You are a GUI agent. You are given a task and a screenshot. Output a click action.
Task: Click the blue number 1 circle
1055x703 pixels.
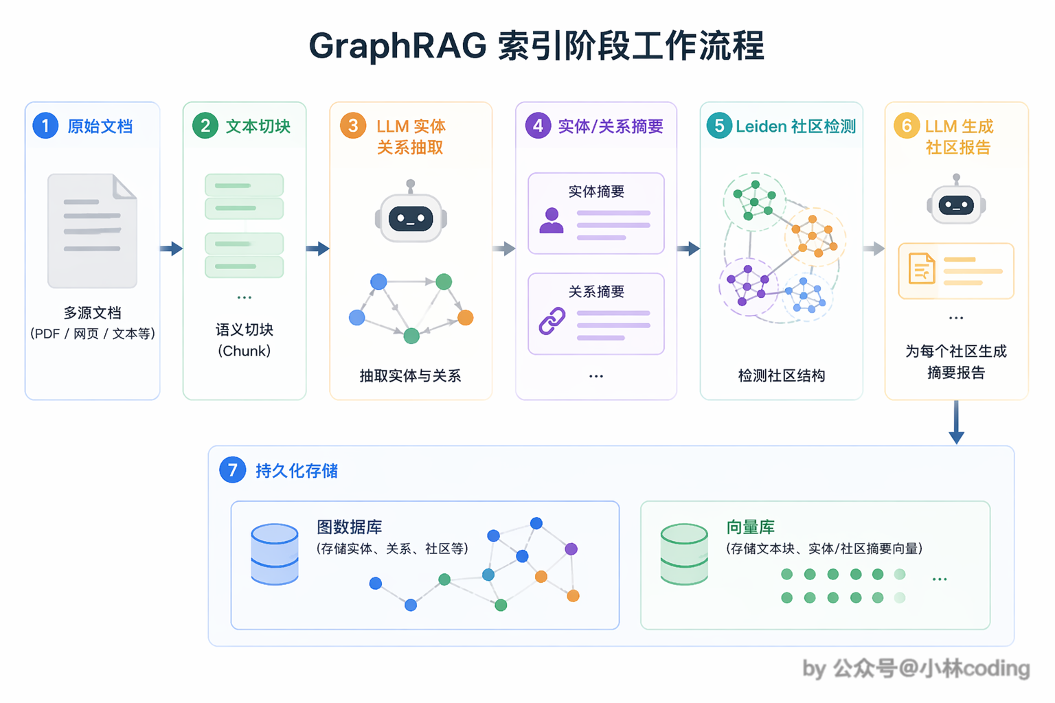pyautogui.click(x=45, y=126)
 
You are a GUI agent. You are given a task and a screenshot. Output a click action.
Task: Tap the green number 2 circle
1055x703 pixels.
pyautogui.click(x=205, y=126)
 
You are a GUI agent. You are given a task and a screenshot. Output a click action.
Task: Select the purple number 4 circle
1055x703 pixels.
pyautogui.click(x=538, y=126)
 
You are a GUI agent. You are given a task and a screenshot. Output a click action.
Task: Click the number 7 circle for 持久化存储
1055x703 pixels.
pyautogui.click(x=233, y=470)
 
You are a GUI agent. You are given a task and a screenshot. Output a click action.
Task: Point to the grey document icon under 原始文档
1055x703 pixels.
pyautogui.click(x=92, y=231)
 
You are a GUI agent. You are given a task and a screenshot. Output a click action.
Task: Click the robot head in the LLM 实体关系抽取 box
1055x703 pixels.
pyautogui.click(x=411, y=212)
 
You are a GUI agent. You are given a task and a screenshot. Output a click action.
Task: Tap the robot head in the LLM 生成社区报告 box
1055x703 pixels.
pyautogui.click(x=956, y=200)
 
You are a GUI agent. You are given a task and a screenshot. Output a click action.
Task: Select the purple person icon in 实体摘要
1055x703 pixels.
pyautogui.click(x=552, y=220)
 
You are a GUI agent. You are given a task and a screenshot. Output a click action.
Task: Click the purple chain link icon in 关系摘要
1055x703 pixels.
pyautogui.click(x=552, y=321)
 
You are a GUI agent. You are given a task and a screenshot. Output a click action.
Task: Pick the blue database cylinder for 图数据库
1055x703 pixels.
pyautogui.click(x=275, y=555)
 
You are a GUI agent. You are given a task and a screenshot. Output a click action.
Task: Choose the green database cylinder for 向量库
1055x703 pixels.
pyautogui.click(x=684, y=555)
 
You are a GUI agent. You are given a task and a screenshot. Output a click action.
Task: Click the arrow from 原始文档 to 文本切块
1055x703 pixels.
pyautogui.click(x=172, y=248)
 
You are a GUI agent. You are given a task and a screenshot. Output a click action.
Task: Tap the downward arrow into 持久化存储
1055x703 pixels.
pyautogui.click(x=956, y=422)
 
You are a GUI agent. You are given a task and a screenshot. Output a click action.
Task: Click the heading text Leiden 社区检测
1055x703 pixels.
pyautogui.click(x=796, y=126)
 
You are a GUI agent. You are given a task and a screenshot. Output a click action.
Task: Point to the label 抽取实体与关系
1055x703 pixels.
pyautogui.click(x=410, y=376)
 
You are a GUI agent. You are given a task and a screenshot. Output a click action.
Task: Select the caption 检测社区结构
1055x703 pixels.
pyautogui.click(x=782, y=376)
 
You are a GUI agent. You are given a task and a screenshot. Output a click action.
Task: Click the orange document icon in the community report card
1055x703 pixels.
pyautogui.click(x=922, y=268)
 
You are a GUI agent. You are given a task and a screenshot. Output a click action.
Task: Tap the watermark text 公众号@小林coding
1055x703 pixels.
pyautogui.click(x=931, y=669)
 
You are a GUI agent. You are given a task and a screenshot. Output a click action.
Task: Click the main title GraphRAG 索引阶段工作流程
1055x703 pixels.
pyautogui.click(x=536, y=46)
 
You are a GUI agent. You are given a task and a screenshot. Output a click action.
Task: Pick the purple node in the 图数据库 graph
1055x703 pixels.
pyautogui.click(x=571, y=549)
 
